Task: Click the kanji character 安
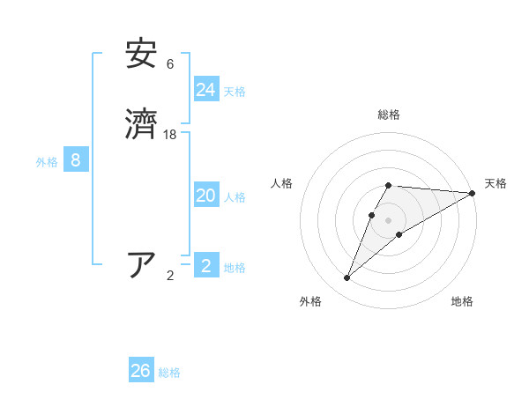pos(142,54)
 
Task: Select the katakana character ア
pos(142,264)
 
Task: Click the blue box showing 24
pos(206,90)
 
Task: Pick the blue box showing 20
pos(206,196)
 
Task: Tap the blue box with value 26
pos(141,371)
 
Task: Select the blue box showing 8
pos(76,160)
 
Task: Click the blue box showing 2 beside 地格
pos(206,266)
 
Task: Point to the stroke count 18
pos(170,135)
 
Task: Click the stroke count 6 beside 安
pos(170,64)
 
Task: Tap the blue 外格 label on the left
pos(47,162)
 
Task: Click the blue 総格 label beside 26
pos(169,373)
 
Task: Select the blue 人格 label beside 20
pos(235,197)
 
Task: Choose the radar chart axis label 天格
pos(495,183)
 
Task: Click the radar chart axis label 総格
pos(389,115)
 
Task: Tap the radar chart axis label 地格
pos(462,301)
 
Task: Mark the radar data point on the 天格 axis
pos(473,193)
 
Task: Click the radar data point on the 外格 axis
pos(347,278)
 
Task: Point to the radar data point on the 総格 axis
pos(389,185)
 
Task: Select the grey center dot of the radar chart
pos(389,220)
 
